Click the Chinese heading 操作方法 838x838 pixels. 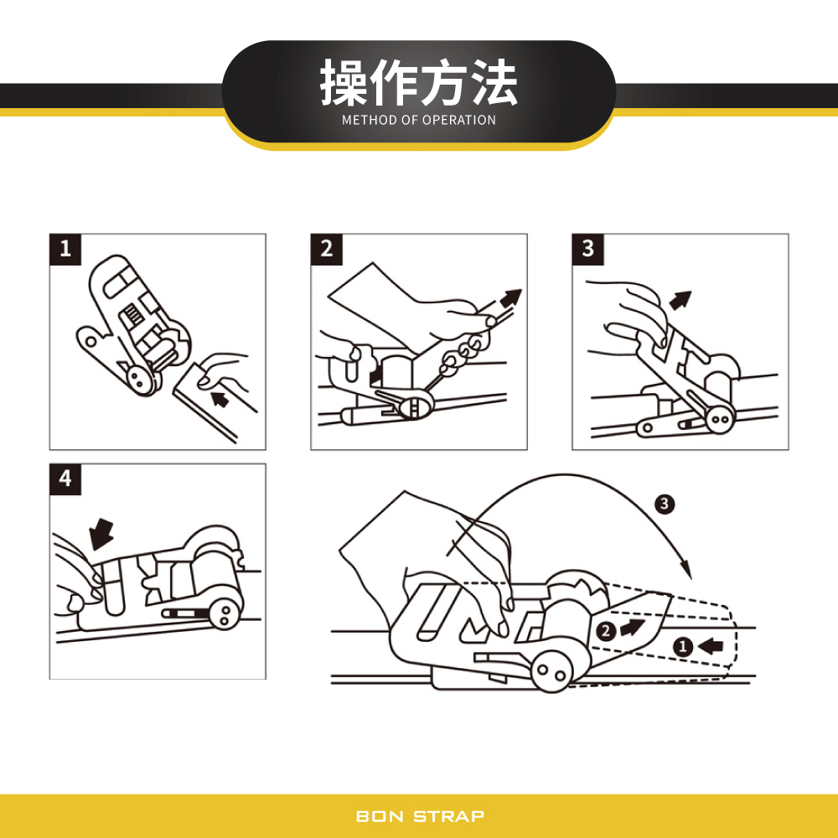pyautogui.click(x=419, y=83)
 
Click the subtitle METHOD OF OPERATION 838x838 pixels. pyautogui.click(x=419, y=120)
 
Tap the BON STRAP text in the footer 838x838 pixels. pyautogui.click(x=420, y=816)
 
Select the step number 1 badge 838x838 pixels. pyautogui.click(x=65, y=249)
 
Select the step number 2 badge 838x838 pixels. pyautogui.click(x=327, y=249)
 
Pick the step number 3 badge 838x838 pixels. pyautogui.click(x=588, y=249)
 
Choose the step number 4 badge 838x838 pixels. pyautogui.click(x=65, y=478)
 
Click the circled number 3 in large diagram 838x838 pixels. pyautogui.click(x=664, y=504)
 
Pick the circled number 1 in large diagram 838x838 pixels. pyautogui.click(x=682, y=646)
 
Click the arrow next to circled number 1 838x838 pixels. pyautogui.click(x=710, y=646)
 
